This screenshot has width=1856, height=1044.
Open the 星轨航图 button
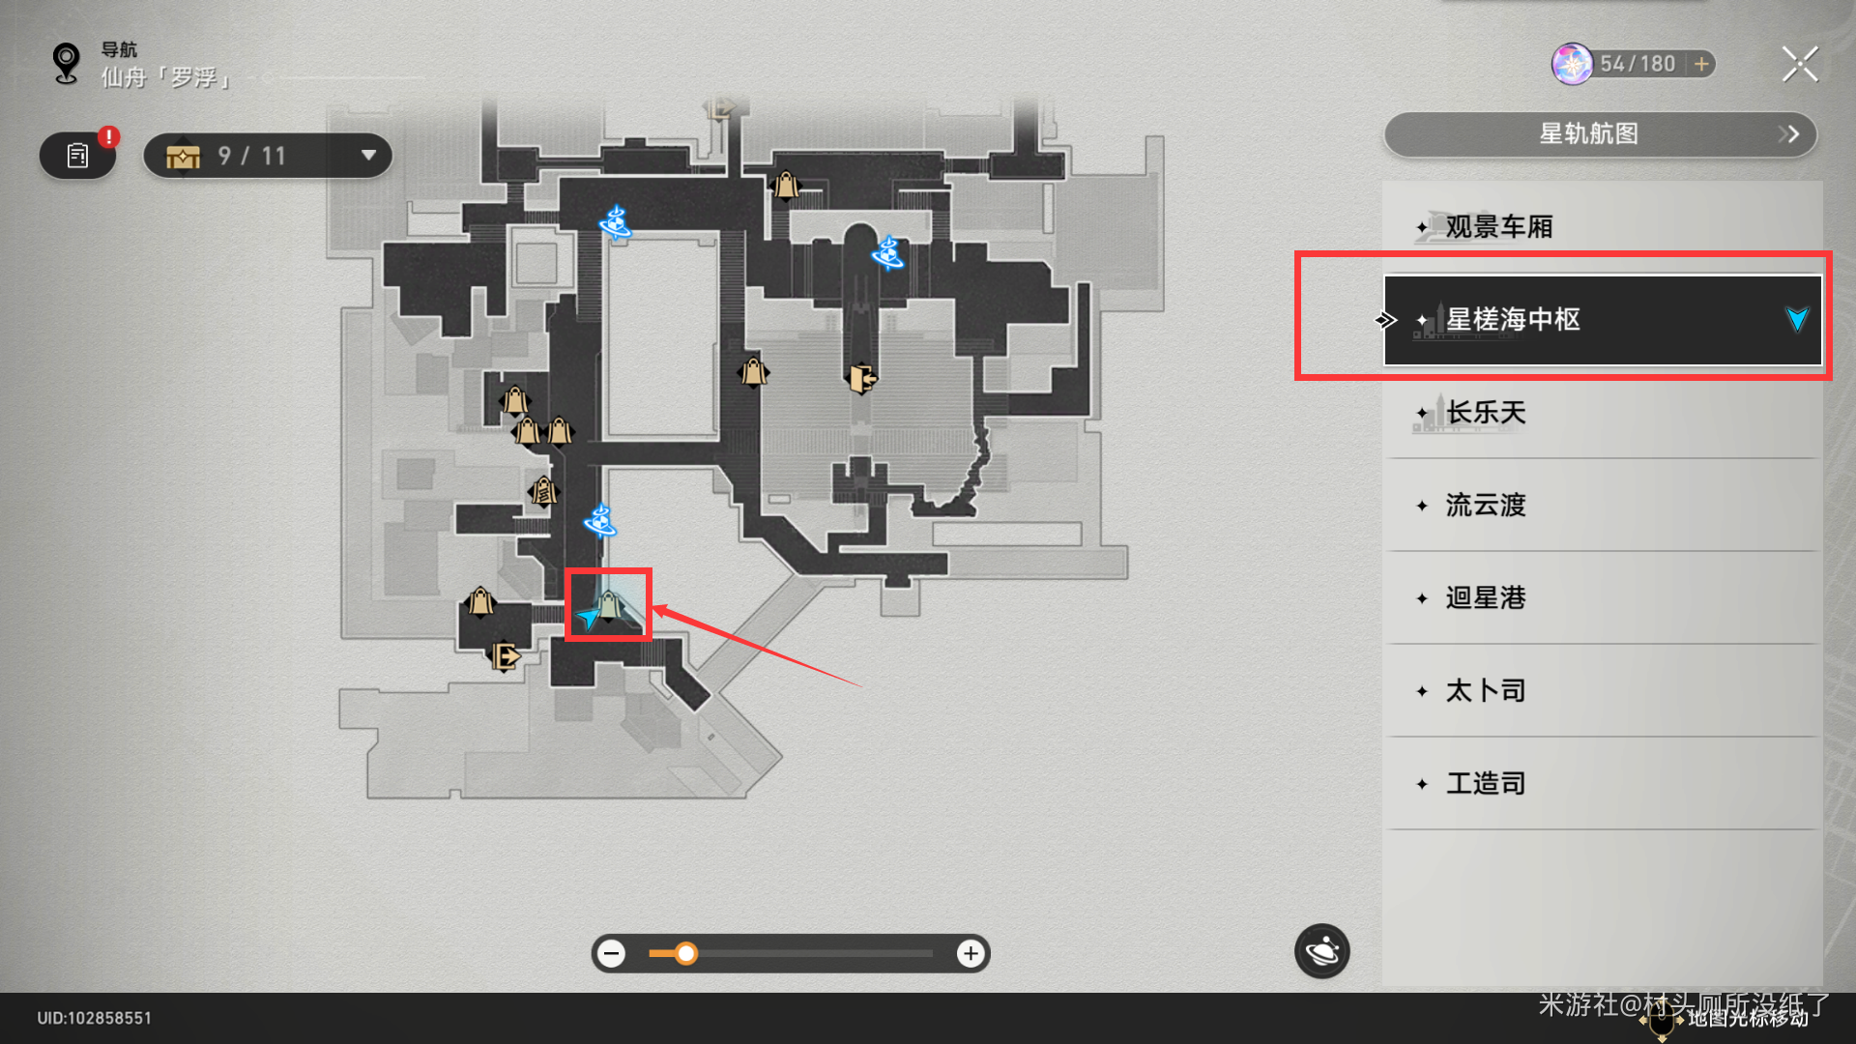[1600, 134]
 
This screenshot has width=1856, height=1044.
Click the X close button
[1799, 65]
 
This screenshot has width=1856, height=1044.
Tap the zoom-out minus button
[611, 954]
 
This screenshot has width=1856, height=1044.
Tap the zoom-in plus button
[971, 954]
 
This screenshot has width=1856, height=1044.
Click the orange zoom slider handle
[685, 954]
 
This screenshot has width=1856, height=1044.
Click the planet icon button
[1321, 952]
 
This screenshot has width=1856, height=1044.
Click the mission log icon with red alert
[78, 156]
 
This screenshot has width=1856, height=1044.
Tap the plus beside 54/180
[1701, 64]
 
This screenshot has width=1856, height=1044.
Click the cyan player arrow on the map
[588, 616]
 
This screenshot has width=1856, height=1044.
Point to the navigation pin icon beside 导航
[66, 64]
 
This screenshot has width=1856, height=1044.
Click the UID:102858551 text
[95, 1018]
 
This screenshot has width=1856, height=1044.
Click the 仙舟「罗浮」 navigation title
[166, 77]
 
